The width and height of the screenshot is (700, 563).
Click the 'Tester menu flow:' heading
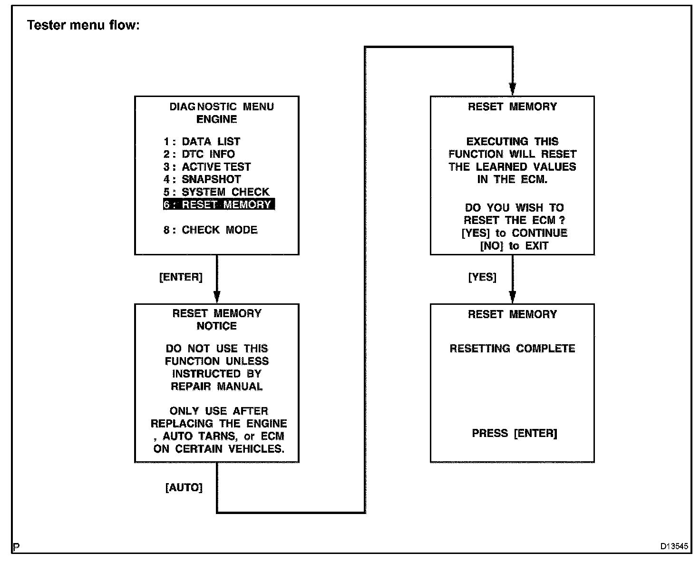83,25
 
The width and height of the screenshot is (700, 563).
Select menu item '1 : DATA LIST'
202,142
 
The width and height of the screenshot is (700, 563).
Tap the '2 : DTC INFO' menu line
199,154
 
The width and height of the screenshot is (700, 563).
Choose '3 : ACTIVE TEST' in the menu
207,167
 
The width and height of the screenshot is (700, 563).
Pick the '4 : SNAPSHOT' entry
202,179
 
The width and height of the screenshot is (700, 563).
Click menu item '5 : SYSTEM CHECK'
216,192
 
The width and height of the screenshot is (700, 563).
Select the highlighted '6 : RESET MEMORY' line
219,204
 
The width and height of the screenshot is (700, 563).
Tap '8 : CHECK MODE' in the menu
211,230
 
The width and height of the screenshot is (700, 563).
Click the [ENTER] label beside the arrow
181,277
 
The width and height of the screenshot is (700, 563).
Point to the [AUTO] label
184,487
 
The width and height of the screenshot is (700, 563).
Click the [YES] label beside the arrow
482,277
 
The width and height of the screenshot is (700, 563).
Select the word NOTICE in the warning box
217,326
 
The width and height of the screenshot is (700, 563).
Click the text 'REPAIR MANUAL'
217,386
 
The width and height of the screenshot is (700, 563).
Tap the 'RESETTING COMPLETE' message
512,349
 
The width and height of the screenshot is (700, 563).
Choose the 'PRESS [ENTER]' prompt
514,433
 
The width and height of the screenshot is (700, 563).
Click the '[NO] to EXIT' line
514,246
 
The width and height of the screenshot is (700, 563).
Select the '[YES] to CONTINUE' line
514,233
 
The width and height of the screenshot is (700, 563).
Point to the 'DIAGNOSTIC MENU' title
222,107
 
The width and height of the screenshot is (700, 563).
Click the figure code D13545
673,546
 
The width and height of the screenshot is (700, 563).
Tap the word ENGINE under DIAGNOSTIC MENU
217,119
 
